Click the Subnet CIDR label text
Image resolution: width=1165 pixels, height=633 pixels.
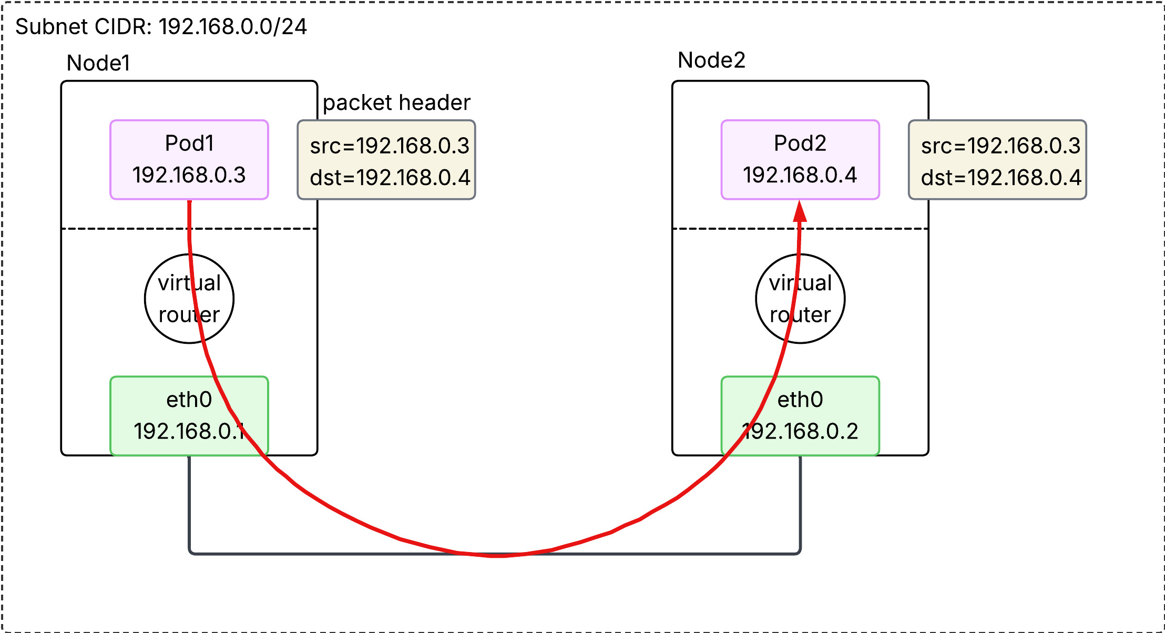(x=161, y=27)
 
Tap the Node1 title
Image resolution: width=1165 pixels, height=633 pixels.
(x=98, y=63)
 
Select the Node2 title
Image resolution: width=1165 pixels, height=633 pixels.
(x=711, y=60)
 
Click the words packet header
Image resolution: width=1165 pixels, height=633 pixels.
(x=396, y=103)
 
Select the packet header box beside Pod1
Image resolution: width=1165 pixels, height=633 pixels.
(x=386, y=160)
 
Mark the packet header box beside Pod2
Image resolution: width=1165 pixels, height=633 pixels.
(x=997, y=160)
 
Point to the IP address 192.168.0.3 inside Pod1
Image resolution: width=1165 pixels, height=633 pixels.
(x=189, y=175)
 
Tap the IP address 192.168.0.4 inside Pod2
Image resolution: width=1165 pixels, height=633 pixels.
(x=800, y=175)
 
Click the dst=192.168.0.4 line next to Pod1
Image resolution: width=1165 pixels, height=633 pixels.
(x=390, y=178)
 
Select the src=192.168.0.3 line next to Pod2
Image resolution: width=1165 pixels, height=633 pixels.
(x=1000, y=146)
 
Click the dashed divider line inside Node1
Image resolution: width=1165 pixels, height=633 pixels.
(x=126, y=229)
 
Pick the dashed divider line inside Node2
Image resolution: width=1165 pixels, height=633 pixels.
(x=736, y=229)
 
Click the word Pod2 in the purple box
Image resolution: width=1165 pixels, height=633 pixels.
(x=800, y=143)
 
